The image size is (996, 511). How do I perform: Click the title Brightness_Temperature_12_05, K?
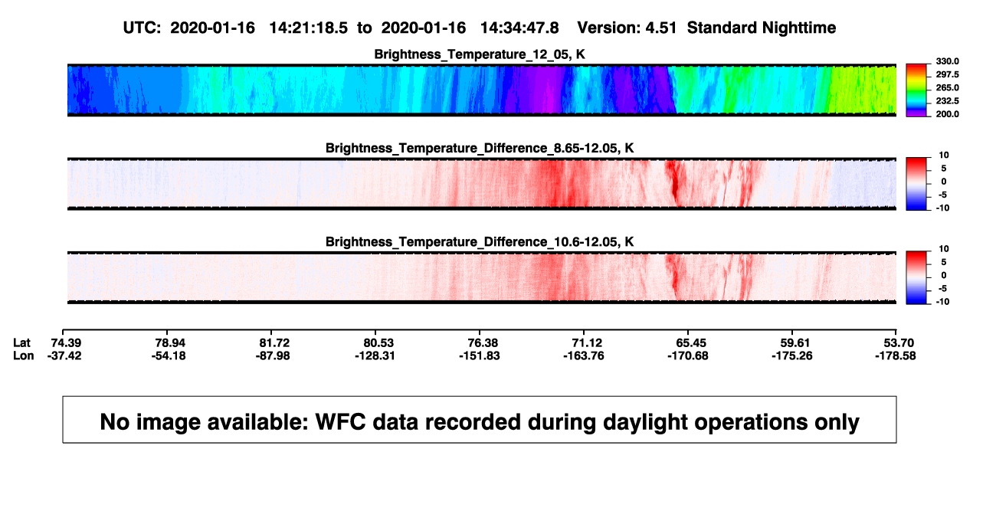pyautogui.click(x=480, y=54)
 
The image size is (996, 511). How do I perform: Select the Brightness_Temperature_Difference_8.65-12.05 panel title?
pyautogui.click(x=480, y=148)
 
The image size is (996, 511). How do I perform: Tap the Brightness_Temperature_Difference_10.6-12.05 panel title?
pyautogui.click(x=480, y=242)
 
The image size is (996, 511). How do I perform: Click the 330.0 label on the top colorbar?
pyautogui.click(x=947, y=61)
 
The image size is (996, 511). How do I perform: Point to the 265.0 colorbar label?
pyautogui.click(x=947, y=87)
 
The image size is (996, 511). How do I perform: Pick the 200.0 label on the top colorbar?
pyautogui.click(x=947, y=114)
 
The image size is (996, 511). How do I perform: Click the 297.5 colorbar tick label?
pyautogui.click(x=947, y=74)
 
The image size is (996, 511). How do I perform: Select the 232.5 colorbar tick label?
pyautogui.click(x=947, y=101)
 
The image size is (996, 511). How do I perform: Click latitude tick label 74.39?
pyautogui.click(x=66, y=343)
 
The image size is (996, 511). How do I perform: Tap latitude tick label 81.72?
pyautogui.click(x=274, y=343)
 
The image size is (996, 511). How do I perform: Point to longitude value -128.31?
pyautogui.click(x=375, y=355)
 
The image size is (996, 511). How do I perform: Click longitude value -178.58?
pyautogui.click(x=896, y=355)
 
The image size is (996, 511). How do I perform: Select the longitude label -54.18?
pyautogui.click(x=169, y=355)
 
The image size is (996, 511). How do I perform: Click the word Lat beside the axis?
pyautogui.click(x=21, y=343)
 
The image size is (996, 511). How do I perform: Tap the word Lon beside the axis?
pyautogui.click(x=24, y=355)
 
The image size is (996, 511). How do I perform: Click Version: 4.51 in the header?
pyautogui.click(x=627, y=28)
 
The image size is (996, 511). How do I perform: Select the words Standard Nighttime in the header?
pyautogui.click(x=762, y=28)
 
